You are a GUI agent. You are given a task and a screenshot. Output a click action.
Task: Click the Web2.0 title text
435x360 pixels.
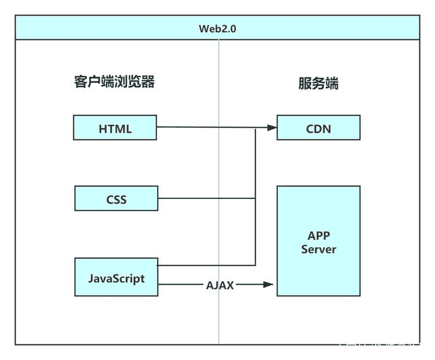217,29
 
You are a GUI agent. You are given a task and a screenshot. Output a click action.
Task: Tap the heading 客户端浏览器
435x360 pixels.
115,82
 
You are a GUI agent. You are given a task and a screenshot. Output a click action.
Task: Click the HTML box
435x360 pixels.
116,128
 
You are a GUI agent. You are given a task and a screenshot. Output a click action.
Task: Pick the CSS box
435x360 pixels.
116,200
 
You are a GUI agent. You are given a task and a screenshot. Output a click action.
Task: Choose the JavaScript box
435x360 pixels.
116,277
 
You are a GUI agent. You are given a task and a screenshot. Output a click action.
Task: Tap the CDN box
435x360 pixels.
318,128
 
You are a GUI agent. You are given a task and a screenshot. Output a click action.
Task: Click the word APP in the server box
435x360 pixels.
318,236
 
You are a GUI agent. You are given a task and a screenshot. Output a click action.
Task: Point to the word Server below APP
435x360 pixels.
318,249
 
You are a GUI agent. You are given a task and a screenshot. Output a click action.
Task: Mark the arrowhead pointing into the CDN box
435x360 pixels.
272,128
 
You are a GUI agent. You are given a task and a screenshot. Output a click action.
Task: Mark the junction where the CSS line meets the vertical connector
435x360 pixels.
255,199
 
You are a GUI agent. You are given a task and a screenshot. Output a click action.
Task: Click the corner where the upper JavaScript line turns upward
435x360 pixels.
255,265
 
